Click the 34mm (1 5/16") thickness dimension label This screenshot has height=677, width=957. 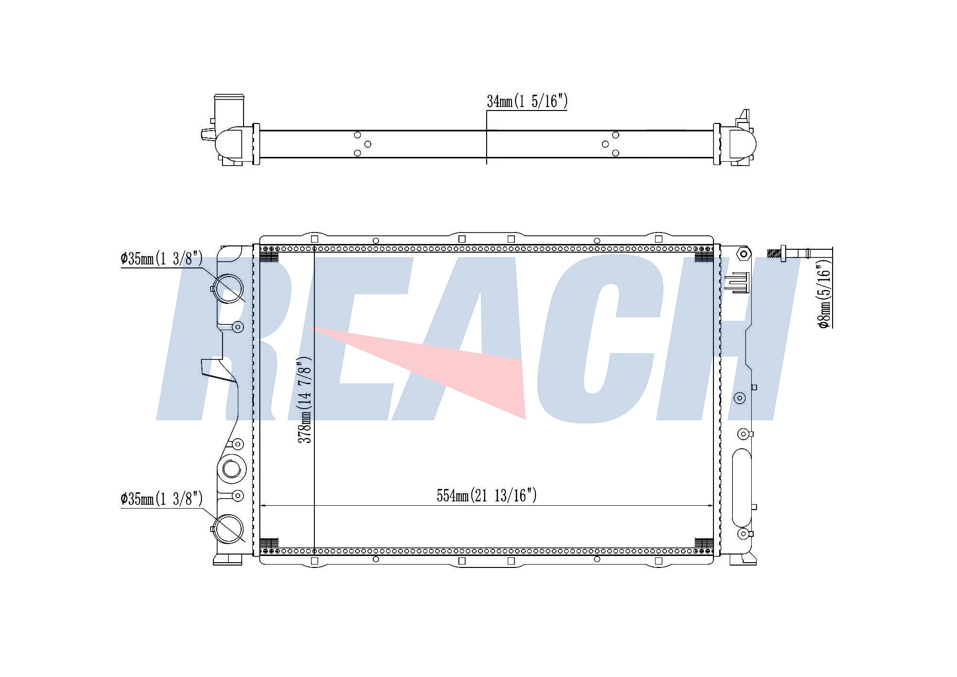point(527,101)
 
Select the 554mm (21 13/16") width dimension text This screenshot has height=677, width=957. point(487,496)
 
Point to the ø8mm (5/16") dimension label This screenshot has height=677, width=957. point(824,296)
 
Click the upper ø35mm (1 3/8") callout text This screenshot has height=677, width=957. point(162,259)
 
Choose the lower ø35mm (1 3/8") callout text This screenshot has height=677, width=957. point(162,499)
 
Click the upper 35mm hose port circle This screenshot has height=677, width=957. point(228,289)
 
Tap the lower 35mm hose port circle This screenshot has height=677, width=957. point(228,529)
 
